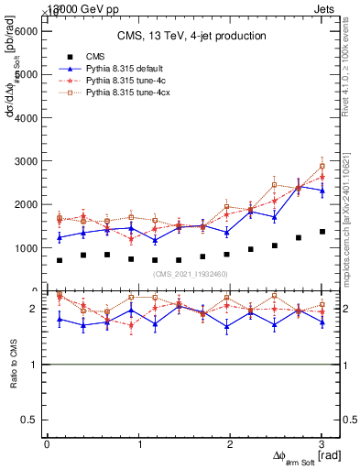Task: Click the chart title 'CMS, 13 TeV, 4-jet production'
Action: (x=191, y=37)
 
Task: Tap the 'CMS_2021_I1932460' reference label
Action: (x=191, y=274)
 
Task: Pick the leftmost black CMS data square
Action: (x=60, y=260)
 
